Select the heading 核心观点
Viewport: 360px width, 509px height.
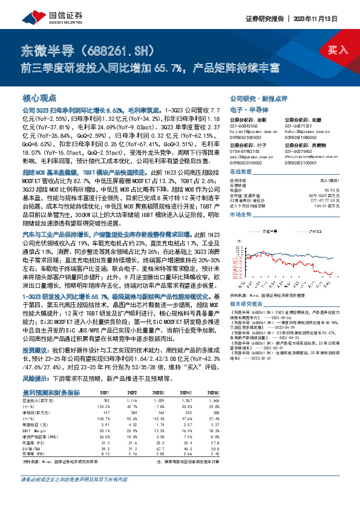[40, 97]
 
